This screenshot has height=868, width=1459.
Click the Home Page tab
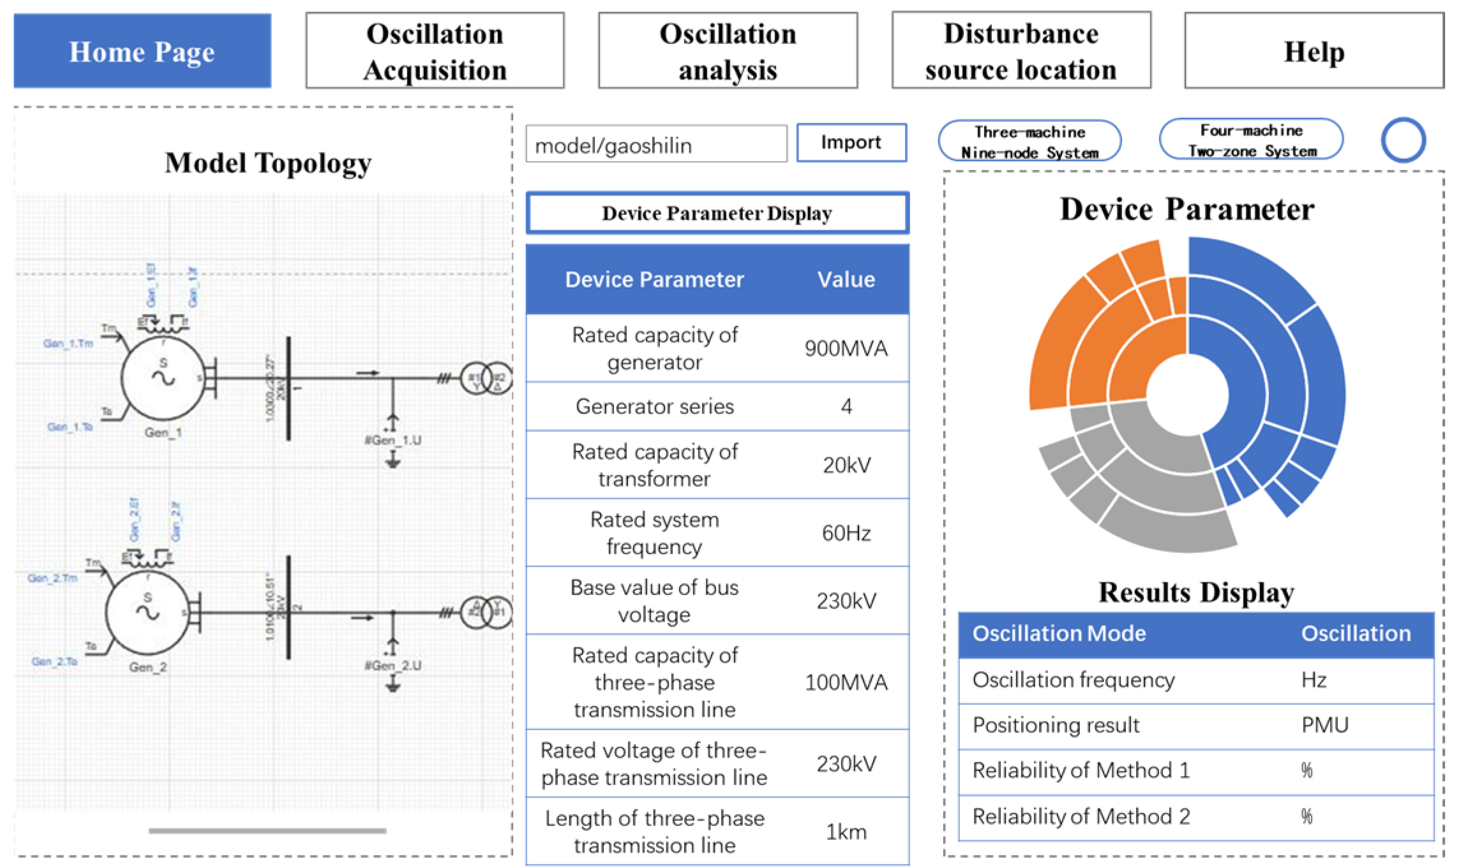tap(142, 51)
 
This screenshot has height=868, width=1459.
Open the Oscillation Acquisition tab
tap(435, 51)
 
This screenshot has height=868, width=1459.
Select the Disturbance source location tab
tap(1021, 51)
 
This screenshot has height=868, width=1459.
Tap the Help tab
tap(1313, 51)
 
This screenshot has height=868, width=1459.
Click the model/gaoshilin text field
tap(655, 145)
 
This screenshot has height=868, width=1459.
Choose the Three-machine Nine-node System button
tap(1029, 142)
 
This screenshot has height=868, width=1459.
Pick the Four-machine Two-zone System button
tap(1251, 140)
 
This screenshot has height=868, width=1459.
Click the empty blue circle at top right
tap(1403, 140)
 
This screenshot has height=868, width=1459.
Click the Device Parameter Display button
tap(717, 213)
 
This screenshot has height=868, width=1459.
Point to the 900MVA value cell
tap(846, 348)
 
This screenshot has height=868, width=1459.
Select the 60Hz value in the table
tap(846, 533)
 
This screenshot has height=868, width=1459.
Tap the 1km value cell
tap(846, 832)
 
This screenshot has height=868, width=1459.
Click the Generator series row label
tap(654, 406)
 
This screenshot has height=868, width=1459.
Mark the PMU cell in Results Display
tap(1324, 725)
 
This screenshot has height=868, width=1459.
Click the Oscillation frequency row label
tap(1073, 680)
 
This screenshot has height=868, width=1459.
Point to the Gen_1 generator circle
tap(163, 378)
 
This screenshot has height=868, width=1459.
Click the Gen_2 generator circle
tap(148, 612)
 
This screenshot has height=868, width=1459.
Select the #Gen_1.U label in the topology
tap(393, 440)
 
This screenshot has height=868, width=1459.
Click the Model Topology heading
tap(268, 163)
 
